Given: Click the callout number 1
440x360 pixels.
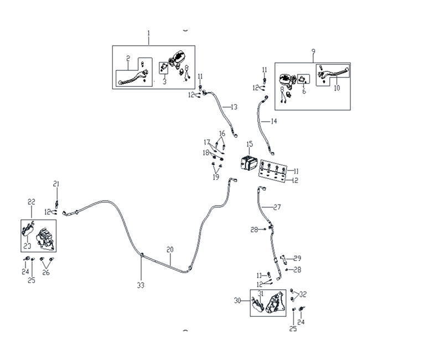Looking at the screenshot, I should pyautogui.click(x=149, y=34).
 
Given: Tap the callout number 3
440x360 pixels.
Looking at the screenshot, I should pyautogui.click(x=164, y=81).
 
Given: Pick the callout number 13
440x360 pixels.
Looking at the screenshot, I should pyautogui.click(x=234, y=106).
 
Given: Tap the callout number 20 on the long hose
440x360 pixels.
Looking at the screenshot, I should pyautogui.click(x=170, y=250).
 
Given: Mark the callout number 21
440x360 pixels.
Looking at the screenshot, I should pyautogui.click(x=56, y=184).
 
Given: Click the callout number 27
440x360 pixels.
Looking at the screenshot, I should pyautogui.click(x=277, y=207).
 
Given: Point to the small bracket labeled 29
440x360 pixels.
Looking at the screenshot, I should pyautogui.click(x=284, y=259).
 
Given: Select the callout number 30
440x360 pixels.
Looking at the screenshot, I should pyautogui.click(x=237, y=300).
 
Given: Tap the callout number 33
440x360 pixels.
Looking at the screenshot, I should pyautogui.click(x=141, y=285).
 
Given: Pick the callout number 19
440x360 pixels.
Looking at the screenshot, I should pyautogui.click(x=216, y=178).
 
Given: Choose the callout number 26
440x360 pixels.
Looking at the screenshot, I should pyautogui.click(x=46, y=272).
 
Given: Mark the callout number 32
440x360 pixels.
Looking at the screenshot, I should pyautogui.click(x=303, y=294).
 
